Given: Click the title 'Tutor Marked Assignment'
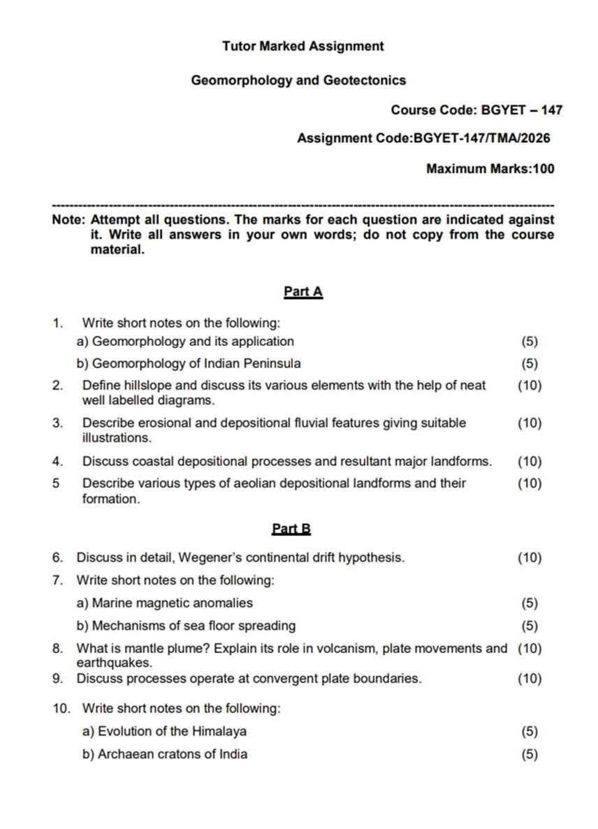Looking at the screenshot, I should coord(302,46).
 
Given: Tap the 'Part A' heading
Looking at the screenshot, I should coord(302,291).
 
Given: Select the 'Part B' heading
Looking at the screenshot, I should coord(291,529).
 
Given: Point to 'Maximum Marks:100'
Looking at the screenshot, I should coord(490,168).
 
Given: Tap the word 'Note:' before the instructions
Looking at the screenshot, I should coord(69,219).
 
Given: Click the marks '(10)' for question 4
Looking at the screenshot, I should coord(529,461).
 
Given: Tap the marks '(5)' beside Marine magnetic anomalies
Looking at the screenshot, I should coord(530,603).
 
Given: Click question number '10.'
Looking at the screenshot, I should coord(61,708).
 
